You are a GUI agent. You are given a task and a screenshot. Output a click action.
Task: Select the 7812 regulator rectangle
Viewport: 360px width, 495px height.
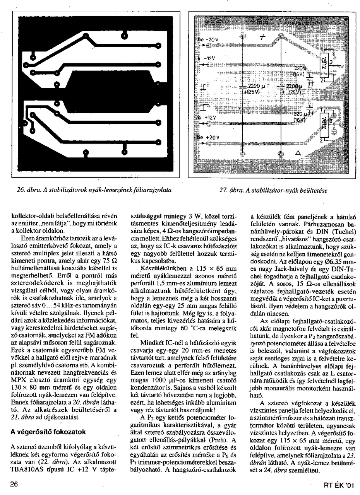click(x=326, y=125)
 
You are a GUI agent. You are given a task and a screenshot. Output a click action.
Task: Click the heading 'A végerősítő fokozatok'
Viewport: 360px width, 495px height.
click(x=48, y=432)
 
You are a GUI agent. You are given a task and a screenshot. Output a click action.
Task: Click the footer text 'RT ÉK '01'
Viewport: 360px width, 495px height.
click(x=339, y=485)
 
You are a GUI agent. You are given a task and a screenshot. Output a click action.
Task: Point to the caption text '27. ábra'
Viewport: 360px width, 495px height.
click(x=230, y=190)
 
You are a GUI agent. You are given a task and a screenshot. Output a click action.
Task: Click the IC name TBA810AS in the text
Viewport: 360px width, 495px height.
click(x=26, y=471)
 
